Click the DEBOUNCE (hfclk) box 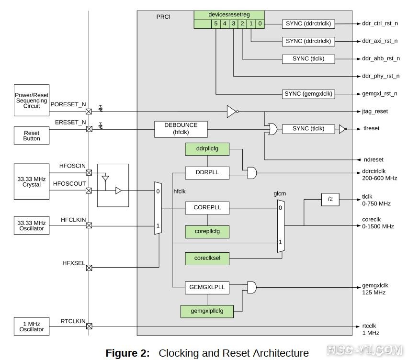tap(182, 128)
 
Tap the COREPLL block tap(207, 208)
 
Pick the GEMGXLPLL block tap(207, 288)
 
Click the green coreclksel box tap(207, 259)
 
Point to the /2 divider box tap(330, 199)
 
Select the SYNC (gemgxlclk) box tap(308, 94)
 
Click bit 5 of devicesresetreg tap(215, 23)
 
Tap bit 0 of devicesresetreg tap(259, 23)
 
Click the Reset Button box tap(32, 135)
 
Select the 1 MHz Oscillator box tap(32, 326)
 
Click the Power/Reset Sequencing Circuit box tap(32, 101)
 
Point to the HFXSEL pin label tap(74, 263)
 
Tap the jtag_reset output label tap(375, 112)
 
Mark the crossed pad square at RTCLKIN tap(89, 326)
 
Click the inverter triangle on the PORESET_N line tap(232, 112)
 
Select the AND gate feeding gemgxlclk tap(251, 288)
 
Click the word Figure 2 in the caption tap(127, 353)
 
